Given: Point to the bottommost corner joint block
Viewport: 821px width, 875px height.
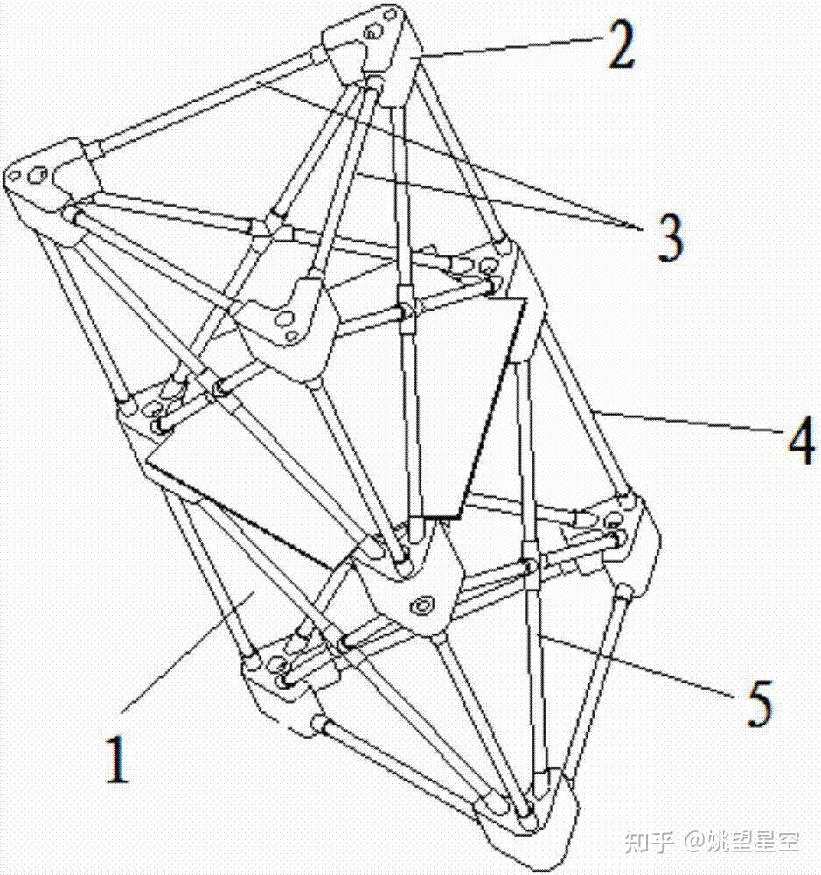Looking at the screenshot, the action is pyautogui.click(x=525, y=818).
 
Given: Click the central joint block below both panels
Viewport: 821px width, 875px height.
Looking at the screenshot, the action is pyautogui.click(x=411, y=586).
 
